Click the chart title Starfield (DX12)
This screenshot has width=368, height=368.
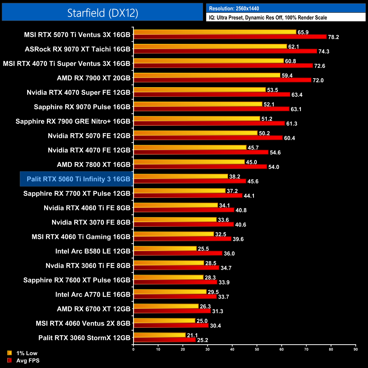102,13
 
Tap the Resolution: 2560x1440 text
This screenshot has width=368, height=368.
234,8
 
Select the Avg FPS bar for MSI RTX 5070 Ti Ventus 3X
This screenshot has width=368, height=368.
230,37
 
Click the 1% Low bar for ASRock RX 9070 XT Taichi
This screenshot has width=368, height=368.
210,46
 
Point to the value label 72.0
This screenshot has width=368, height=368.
318,80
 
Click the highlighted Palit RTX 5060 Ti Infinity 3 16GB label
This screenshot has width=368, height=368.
78,179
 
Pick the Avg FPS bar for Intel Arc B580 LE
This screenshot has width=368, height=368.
178,253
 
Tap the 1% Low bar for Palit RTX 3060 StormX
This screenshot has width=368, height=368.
159,335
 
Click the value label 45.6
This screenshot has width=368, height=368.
253,181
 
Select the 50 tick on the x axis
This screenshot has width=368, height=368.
257,349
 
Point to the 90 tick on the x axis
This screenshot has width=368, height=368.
356,349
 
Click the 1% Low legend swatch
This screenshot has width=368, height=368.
10,353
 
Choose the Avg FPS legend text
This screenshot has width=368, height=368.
28,360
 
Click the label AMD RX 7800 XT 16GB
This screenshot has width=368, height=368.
93,164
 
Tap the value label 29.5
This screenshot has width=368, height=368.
213,292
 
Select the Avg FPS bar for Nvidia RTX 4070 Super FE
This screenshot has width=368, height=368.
212,95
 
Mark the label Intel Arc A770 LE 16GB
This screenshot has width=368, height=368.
93,294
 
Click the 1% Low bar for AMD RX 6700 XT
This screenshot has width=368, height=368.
166,306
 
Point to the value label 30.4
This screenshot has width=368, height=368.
215,326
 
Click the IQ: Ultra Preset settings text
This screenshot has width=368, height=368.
268,18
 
